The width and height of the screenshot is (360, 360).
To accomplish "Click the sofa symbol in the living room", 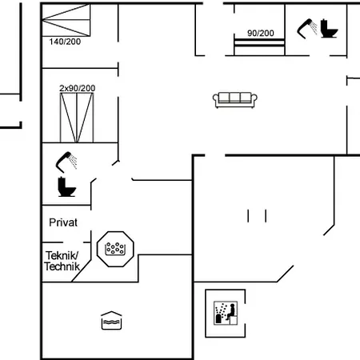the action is click(x=235, y=100).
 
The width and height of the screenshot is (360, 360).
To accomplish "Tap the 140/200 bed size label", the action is click(x=65, y=42).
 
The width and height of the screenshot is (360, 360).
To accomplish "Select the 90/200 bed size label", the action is click(x=261, y=33).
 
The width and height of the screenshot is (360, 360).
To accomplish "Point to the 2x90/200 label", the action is click(x=78, y=88).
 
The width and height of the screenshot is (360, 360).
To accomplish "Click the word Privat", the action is click(x=63, y=222).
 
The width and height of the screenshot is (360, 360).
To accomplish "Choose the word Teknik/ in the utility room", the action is click(x=62, y=255).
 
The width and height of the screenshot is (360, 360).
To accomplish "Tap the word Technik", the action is click(x=62, y=266).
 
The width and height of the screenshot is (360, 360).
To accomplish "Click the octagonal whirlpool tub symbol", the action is click(x=115, y=249).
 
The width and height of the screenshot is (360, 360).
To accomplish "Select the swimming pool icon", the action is click(x=111, y=320).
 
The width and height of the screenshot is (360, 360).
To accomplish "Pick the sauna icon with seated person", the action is click(x=226, y=313).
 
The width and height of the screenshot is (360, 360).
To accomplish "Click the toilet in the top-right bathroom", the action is click(x=329, y=29).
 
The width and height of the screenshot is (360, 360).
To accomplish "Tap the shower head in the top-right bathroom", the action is click(x=307, y=29).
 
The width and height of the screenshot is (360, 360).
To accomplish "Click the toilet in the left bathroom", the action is click(x=66, y=187).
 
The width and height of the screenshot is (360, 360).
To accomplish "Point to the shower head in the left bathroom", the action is click(x=66, y=162).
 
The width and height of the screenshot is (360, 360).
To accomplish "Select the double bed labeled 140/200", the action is click(x=66, y=20).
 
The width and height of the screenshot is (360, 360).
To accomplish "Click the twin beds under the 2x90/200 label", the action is click(x=77, y=118).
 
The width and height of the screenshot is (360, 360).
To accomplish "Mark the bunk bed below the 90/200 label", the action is click(x=259, y=46).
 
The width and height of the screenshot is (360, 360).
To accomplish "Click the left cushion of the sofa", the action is click(x=223, y=98).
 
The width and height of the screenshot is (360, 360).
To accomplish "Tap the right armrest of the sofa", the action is click(x=254, y=98).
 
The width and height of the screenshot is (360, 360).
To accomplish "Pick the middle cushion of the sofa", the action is click(x=234, y=98).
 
